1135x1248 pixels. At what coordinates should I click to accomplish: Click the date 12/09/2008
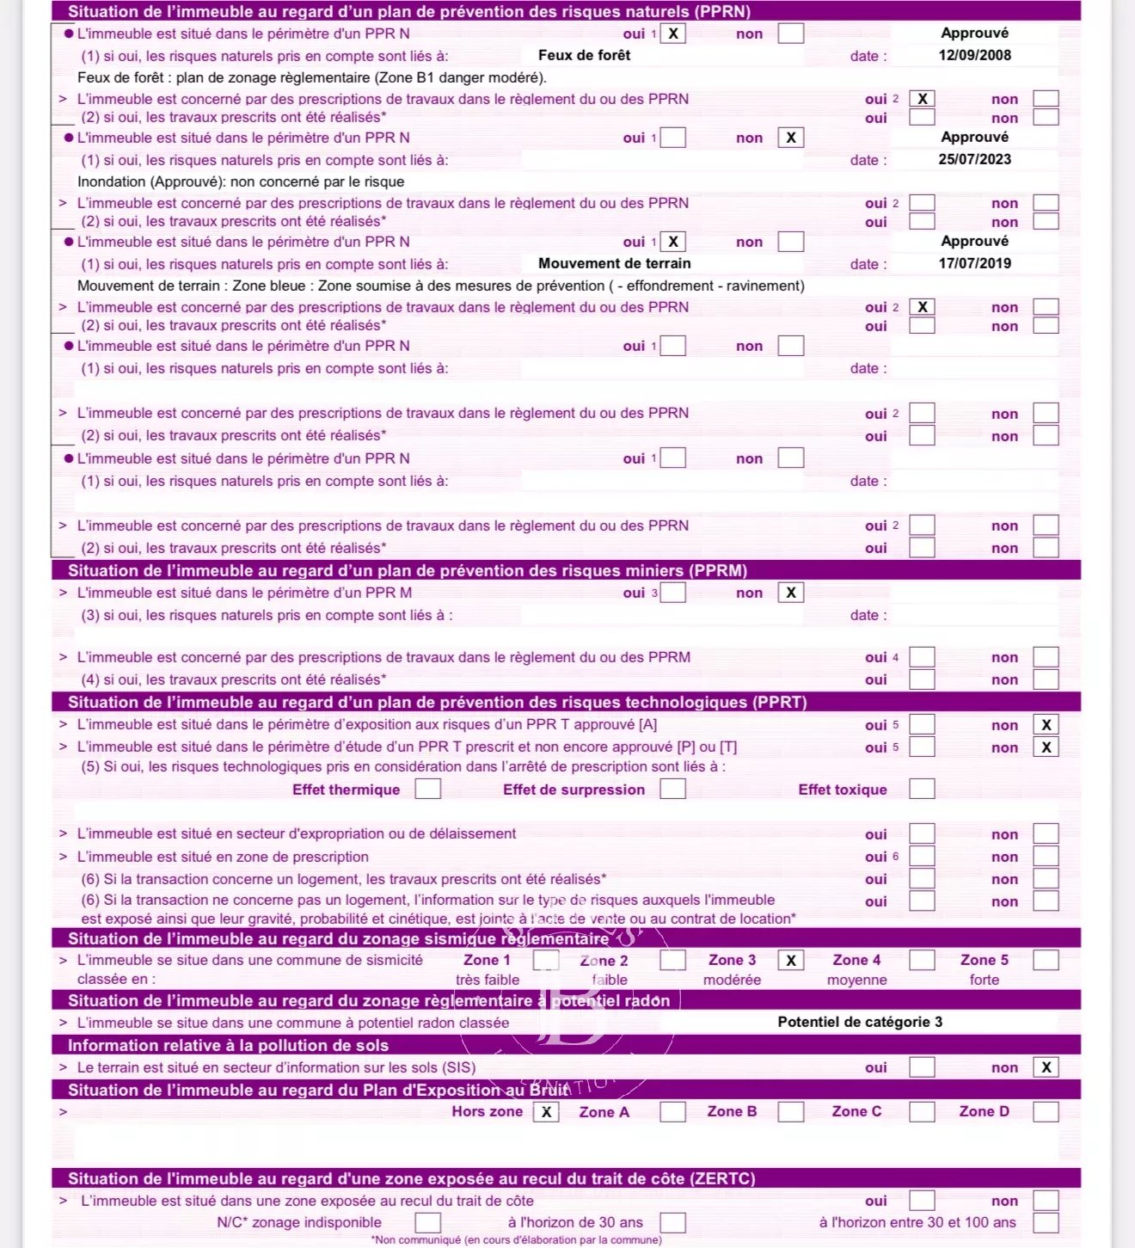click(x=974, y=55)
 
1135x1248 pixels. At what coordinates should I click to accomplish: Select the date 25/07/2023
click(x=974, y=159)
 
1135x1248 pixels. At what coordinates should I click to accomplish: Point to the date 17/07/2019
click(x=974, y=263)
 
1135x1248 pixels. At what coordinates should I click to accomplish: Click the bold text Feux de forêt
click(x=584, y=55)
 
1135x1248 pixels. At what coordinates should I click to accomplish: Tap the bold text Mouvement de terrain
click(x=614, y=263)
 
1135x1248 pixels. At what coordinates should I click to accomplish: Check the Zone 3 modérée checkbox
click(x=791, y=960)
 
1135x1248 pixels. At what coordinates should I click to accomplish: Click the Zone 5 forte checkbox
click(x=1046, y=960)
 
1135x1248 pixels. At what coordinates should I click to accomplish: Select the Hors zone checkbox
click(x=546, y=1111)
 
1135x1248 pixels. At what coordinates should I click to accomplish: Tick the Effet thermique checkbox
click(x=428, y=789)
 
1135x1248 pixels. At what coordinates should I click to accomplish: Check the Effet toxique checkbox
click(x=922, y=789)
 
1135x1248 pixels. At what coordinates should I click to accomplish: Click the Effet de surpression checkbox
click(x=673, y=789)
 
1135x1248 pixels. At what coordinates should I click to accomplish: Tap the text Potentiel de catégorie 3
click(x=860, y=1022)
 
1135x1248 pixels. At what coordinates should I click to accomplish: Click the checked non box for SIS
click(x=1046, y=1067)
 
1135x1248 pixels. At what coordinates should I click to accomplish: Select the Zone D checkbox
click(x=1046, y=1111)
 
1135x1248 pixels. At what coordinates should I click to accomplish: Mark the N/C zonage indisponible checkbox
click(x=428, y=1222)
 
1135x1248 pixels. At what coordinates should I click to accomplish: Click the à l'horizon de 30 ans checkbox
click(x=673, y=1222)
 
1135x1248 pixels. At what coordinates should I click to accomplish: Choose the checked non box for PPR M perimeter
click(x=791, y=593)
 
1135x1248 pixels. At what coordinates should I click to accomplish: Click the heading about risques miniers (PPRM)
click(x=408, y=570)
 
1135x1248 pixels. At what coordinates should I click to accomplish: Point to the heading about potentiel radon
click(x=369, y=1000)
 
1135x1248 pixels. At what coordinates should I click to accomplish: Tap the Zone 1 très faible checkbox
click(x=546, y=960)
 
